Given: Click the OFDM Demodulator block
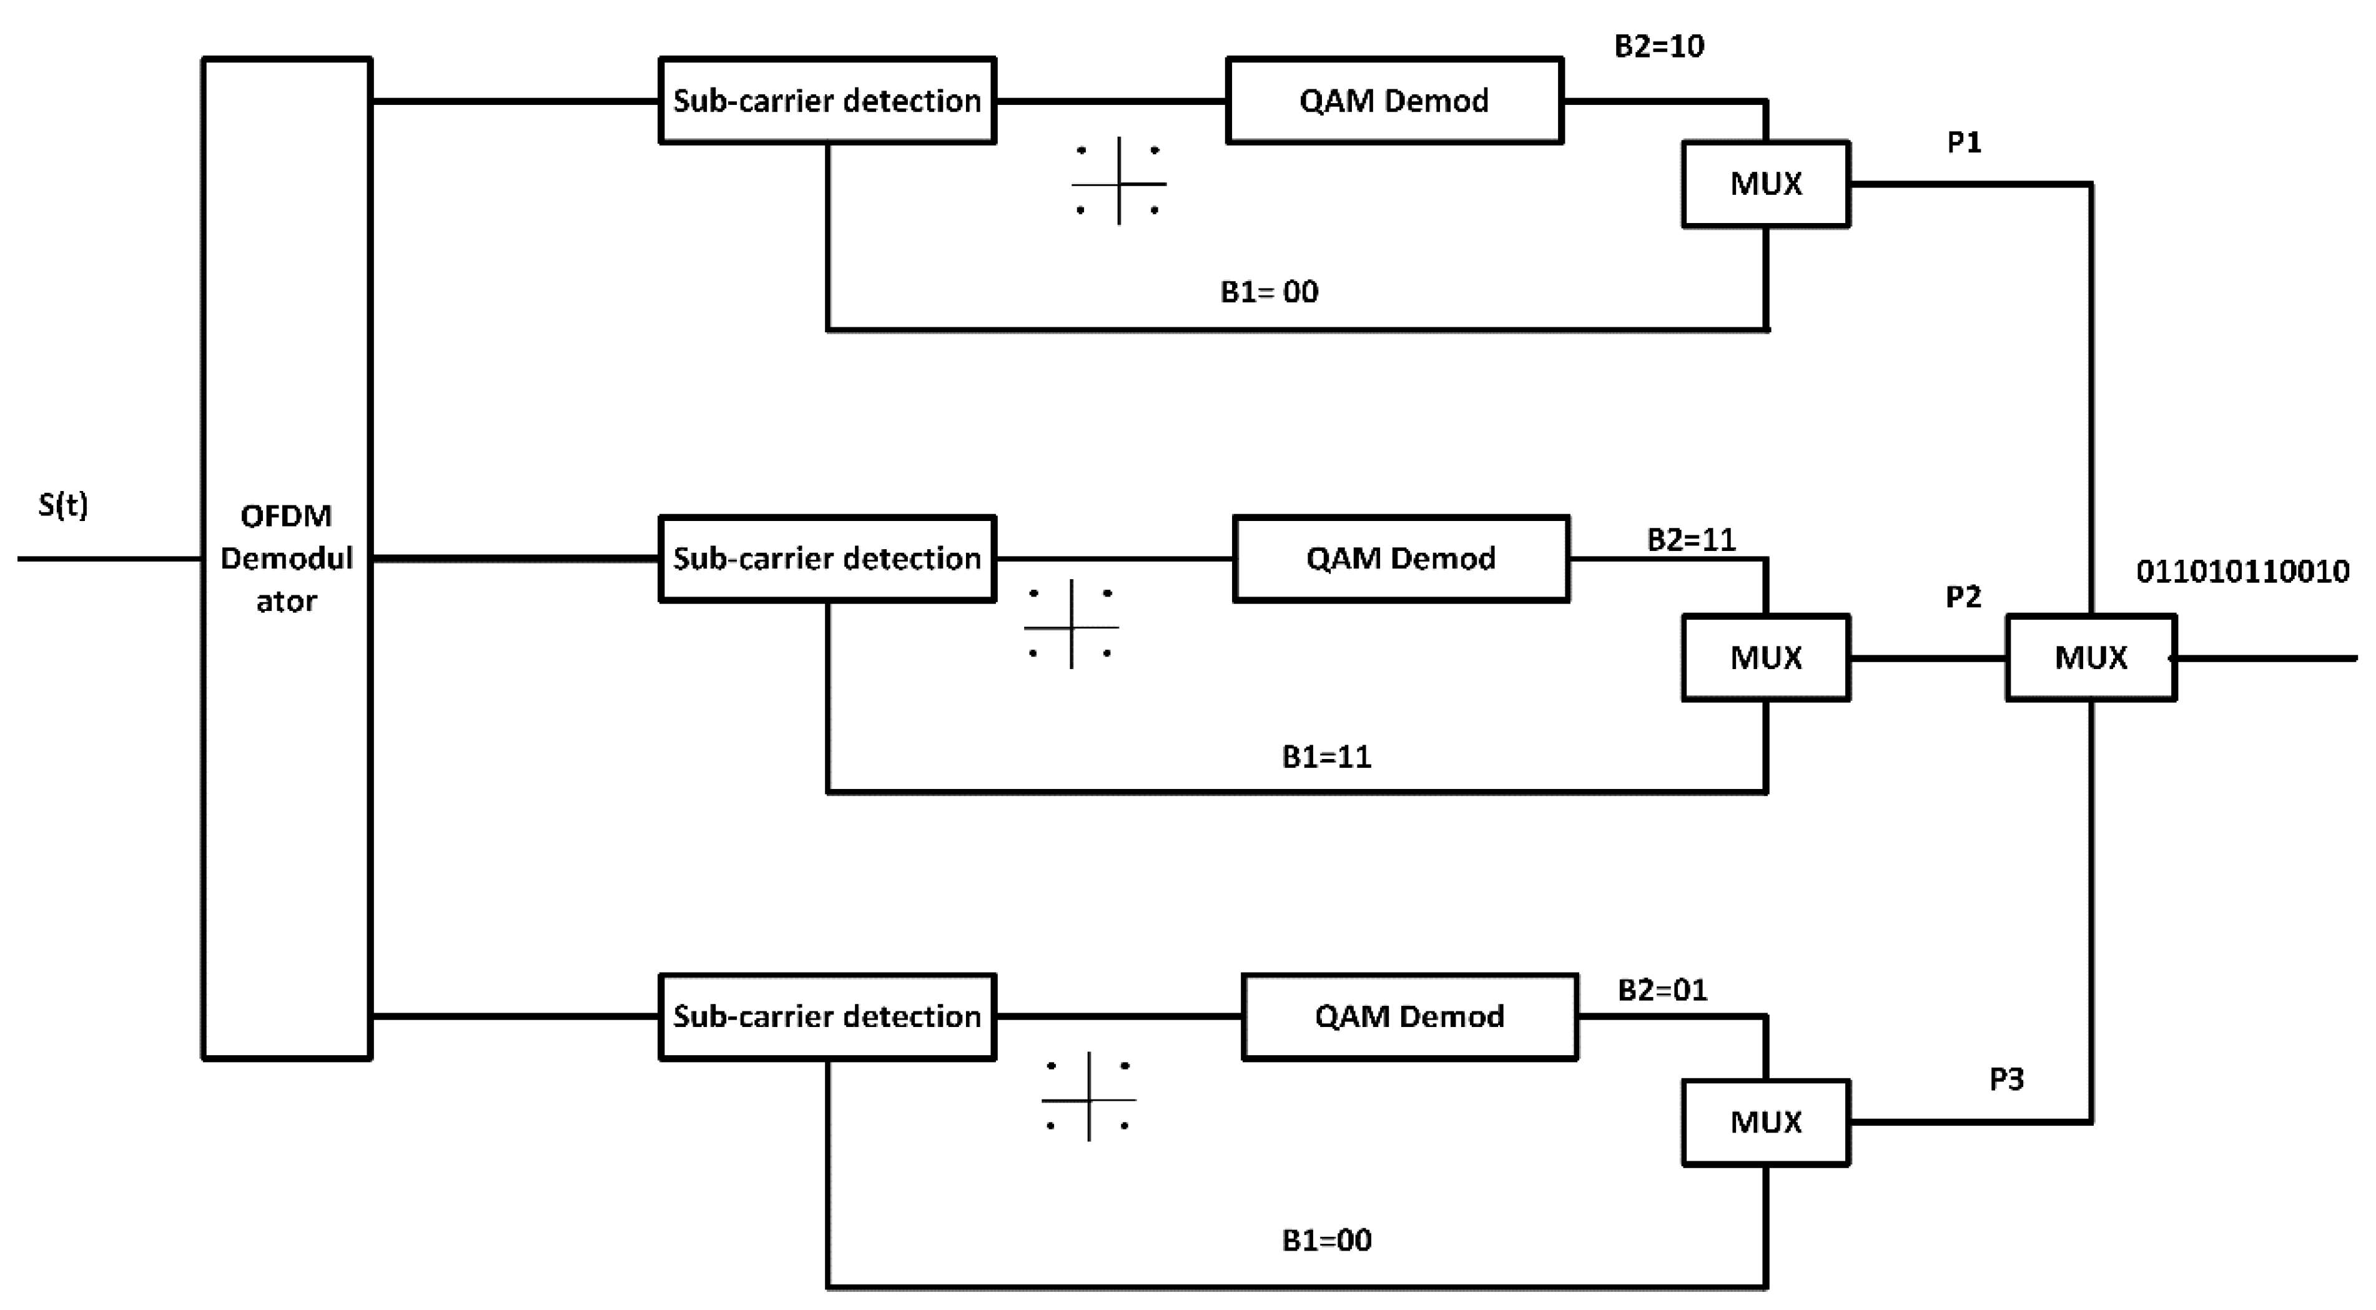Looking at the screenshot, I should coord(287,558).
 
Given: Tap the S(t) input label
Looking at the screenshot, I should coord(62,505).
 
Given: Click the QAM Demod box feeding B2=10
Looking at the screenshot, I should coord(1394,101).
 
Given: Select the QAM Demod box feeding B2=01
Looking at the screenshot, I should coord(1409,1016).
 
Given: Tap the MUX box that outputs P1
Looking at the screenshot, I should coord(1765,184).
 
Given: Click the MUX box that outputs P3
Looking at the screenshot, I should coord(1765,1122).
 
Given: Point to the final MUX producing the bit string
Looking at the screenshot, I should coord(2091,658).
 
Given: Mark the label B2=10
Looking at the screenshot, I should coord(1659,46).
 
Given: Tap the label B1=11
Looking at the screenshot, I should coord(1326,757).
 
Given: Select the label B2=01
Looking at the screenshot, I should coord(1662,990).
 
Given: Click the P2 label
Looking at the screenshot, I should coord(1963,597).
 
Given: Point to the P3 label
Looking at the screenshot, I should coord(2006,1078).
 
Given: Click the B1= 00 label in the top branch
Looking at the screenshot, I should coord(1269,292).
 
